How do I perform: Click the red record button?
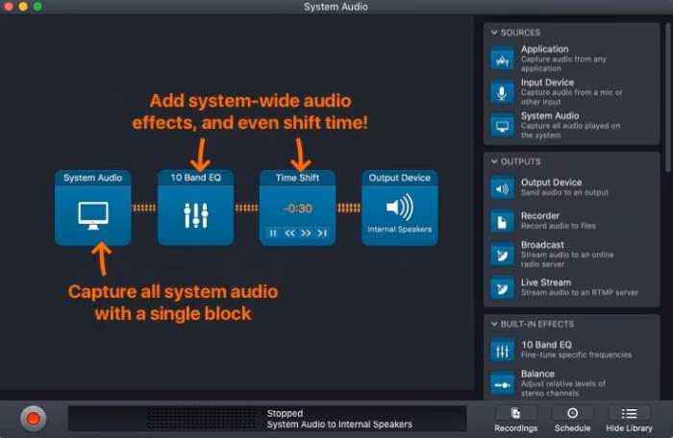(34, 418)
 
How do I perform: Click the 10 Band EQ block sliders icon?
(195, 214)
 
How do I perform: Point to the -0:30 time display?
(296, 207)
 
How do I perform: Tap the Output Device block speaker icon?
(399, 207)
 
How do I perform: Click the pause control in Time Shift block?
(273, 232)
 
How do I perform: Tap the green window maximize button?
(37, 7)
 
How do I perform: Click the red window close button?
(9, 7)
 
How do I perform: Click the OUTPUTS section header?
(520, 161)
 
